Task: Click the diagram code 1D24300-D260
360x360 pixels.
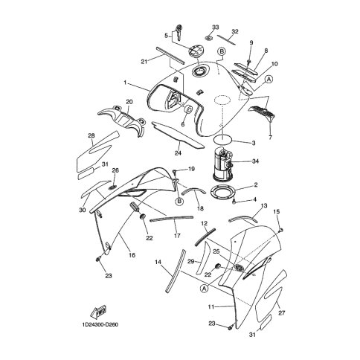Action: (x=100, y=324)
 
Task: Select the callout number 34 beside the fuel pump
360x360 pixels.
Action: (x=255, y=161)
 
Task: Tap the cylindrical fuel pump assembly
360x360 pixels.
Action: (x=222, y=163)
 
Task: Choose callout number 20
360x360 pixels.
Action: (x=129, y=102)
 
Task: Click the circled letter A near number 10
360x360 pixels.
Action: (x=269, y=80)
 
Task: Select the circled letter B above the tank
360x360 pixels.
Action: (x=222, y=51)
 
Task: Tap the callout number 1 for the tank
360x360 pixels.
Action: (x=125, y=83)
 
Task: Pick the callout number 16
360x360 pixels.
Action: (x=132, y=255)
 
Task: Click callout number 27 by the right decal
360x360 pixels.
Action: (x=282, y=313)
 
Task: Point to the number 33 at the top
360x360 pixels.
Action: (x=216, y=27)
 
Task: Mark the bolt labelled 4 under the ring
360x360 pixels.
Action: (x=234, y=202)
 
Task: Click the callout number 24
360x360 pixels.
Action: (x=178, y=153)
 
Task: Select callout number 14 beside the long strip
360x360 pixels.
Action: (x=158, y=262)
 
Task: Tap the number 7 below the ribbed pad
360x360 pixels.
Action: (x=270, y=137)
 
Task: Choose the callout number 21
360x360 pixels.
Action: (x=144, y=62)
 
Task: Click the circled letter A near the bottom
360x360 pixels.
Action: (x=204, y=289)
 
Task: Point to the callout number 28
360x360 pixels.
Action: (x=91, y=135)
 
